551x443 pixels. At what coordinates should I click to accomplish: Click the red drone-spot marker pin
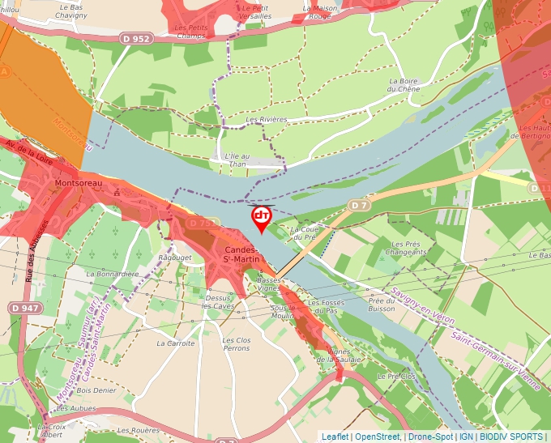262,217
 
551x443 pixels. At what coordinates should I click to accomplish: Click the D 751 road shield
203,223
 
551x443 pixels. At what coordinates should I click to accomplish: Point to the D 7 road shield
360,206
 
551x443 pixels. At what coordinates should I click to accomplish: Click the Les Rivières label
267,120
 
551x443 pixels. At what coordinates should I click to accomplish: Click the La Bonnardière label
113,274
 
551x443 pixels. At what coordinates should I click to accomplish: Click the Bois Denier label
96,390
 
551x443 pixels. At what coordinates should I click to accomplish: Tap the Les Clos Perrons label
236,344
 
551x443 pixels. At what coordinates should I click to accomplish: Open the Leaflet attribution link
335,437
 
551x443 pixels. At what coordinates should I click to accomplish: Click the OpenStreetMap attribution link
377,437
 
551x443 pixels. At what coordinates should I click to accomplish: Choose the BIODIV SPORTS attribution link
511,437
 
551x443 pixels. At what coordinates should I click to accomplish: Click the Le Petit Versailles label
257,11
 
